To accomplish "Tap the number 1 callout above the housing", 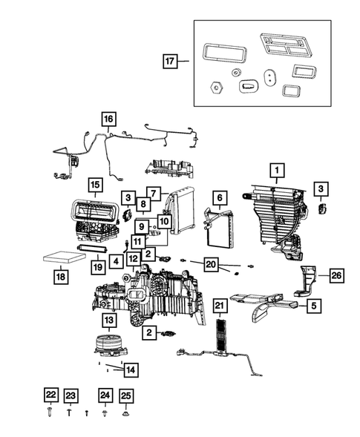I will pyautogui.click(x=275, y=171).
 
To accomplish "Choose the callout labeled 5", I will pyautogui.click(x=315, y=304).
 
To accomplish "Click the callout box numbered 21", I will pyautogui.click(x=219, y=306).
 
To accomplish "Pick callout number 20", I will pyautogui.click(x=211, y=264).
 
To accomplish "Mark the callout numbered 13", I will pyautogui.click(x=108, y=321).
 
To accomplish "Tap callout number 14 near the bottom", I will pyautogui.click(x=130, y=369).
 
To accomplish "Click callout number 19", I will pyautogui.click(x=96, y=266).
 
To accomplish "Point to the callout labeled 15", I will pyautogui.click(x=94, y=185).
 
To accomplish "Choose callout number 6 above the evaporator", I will pyautogui.click(x=219, y=197).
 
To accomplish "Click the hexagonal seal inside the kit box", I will pyautogui.click(x=216, y=87).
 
